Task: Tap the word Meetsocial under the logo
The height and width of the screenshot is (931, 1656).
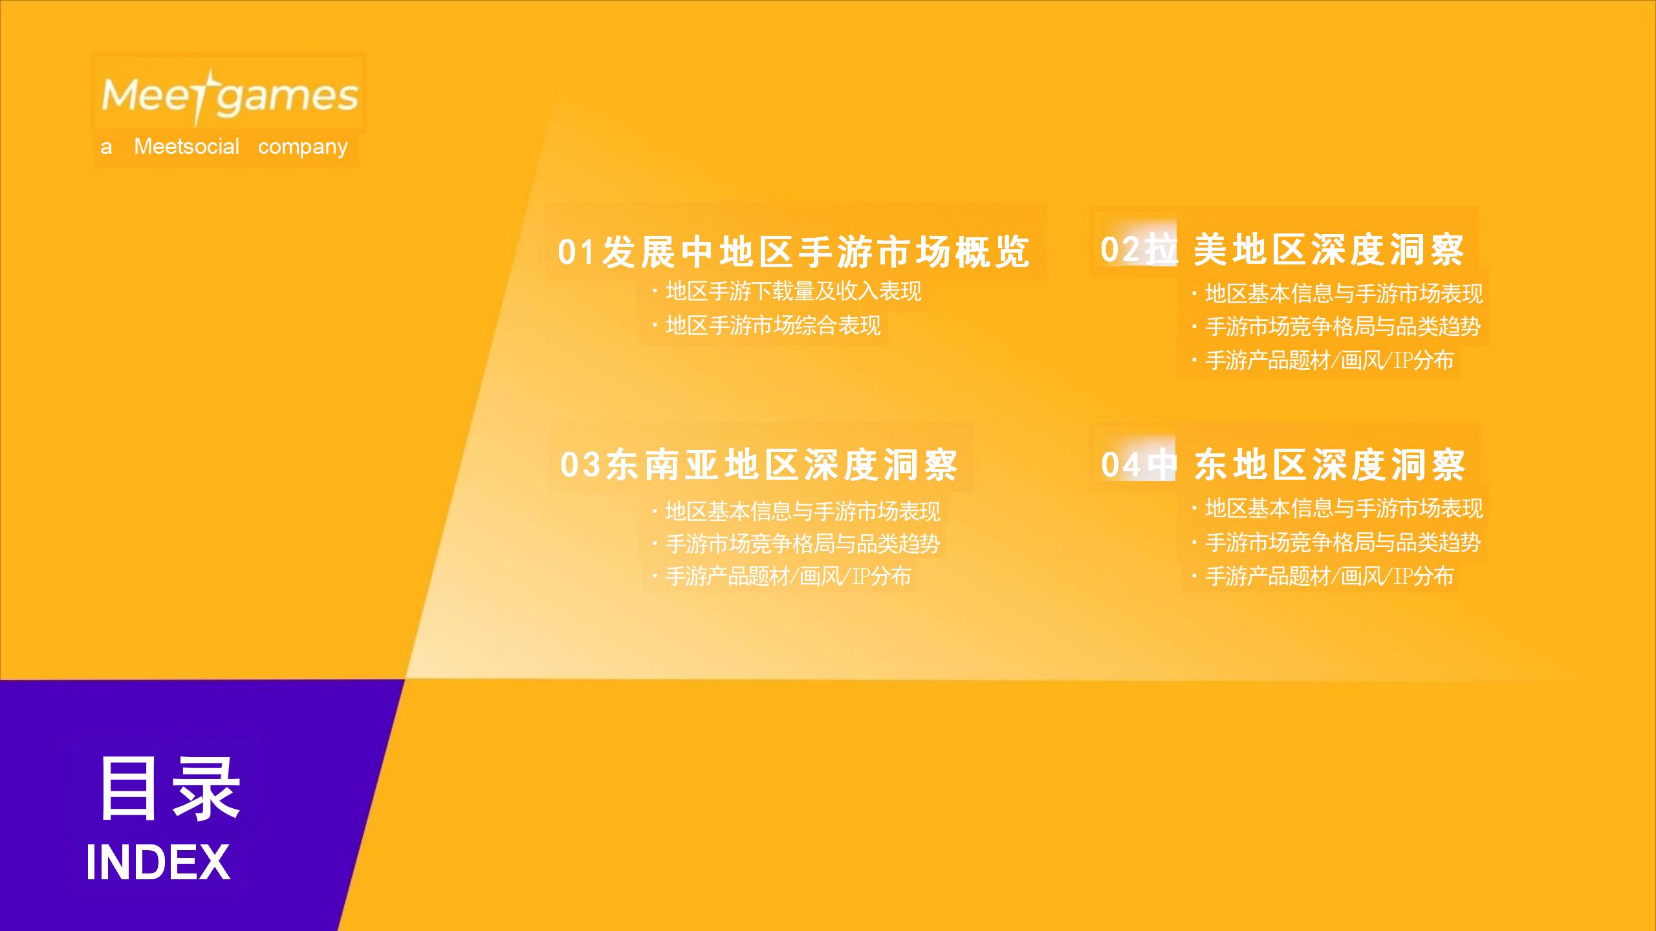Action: coord(186,147)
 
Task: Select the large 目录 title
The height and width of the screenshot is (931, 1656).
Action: coord(169,788)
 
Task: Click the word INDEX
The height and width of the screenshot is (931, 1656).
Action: coord(158,862)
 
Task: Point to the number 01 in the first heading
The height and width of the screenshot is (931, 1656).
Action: coord(576,251)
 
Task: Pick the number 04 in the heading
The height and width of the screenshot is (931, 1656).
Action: coord(1121,464)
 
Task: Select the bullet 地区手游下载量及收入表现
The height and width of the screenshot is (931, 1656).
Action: coord(793,292)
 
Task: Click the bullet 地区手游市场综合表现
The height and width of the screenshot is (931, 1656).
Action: coord(773,325)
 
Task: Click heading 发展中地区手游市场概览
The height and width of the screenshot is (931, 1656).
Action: coord(815,251)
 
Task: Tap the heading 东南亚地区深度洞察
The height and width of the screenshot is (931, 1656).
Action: coord(781,464)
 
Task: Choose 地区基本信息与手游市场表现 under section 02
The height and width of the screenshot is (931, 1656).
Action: coord(1344,294)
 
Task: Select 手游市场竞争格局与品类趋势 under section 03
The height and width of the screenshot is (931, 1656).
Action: coord(802,544)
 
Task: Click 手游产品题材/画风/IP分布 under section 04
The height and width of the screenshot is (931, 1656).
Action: coord(1329,576)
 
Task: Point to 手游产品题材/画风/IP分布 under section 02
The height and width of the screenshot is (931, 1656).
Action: coord(1329,360)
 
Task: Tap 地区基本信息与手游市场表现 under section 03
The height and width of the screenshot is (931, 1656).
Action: coord(802,511)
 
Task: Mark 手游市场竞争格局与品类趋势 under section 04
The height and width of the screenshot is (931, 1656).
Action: coord(1343,542)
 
